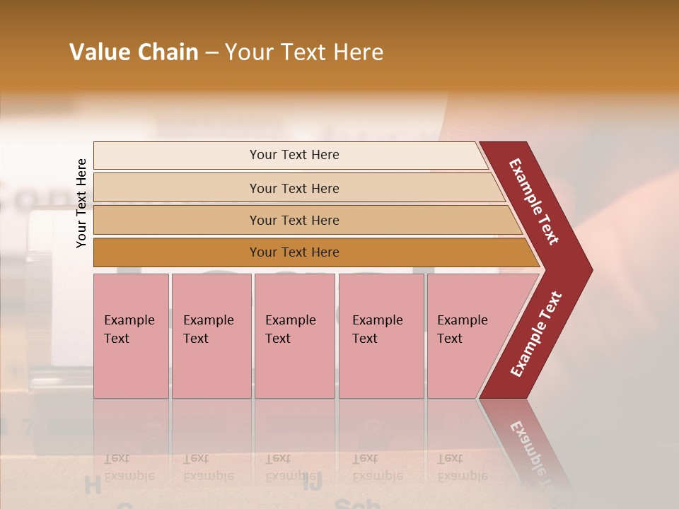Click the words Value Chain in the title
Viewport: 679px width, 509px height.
[134, 52]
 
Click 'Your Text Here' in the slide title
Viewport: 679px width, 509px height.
[304, 52]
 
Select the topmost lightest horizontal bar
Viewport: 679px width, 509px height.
[177, 156]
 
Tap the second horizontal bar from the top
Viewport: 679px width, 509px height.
[177, 188]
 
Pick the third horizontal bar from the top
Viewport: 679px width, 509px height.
[177, 220]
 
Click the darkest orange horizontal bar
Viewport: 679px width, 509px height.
[177, 252]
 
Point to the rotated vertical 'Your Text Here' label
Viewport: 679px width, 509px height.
[81, 204]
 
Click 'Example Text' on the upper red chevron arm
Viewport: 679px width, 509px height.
[534, 201]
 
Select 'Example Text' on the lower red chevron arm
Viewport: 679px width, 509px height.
[536, 334]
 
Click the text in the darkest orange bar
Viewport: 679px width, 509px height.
[294, 252]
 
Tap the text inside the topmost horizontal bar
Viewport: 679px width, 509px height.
[294, 155]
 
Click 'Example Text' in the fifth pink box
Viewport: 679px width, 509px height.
[462, 329]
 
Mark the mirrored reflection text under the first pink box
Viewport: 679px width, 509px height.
[129, 467]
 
